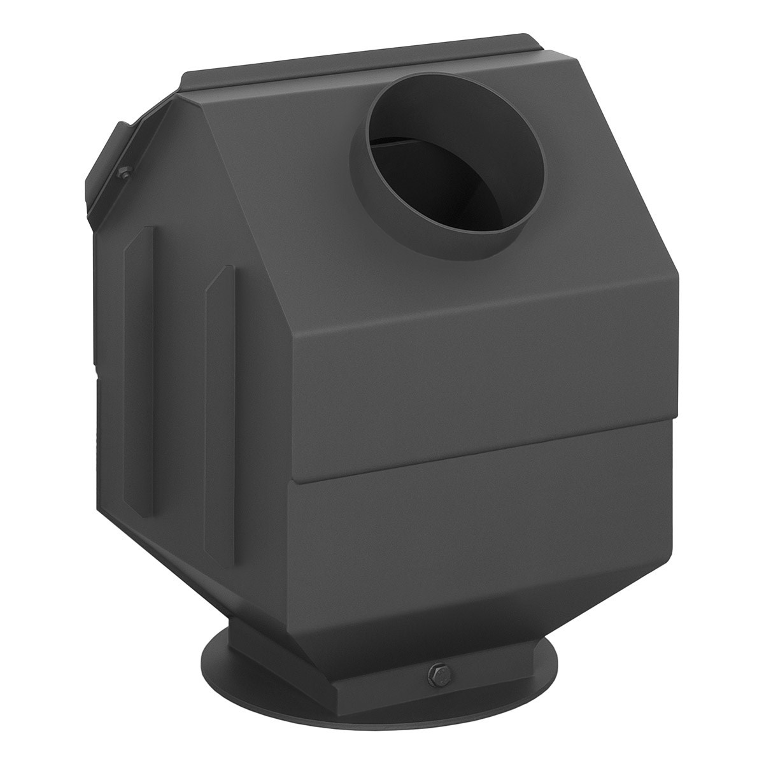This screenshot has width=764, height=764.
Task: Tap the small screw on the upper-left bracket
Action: [125, 171]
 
